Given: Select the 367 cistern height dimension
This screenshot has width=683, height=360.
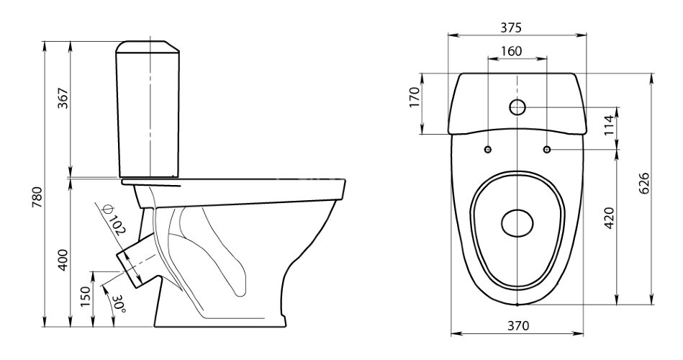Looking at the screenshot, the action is click(x=63, y=99).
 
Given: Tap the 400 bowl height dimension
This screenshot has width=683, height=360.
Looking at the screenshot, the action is click(x=63, y=260).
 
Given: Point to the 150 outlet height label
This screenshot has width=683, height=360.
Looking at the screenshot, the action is click(x=86, y=297).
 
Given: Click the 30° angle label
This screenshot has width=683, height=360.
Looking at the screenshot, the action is click(x=119, y=305).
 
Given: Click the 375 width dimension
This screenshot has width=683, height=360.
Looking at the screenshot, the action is click(x=510, y=28).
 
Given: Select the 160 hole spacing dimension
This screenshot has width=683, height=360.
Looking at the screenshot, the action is click(x=511, y=51).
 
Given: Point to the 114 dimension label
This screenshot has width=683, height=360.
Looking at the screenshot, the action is click(x=609, y=125).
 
